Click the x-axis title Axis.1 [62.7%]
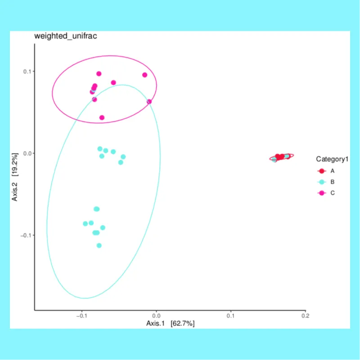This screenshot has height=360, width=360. coord(170,324)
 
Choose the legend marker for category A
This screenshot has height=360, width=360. coord(322,171)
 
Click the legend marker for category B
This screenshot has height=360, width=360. coord(322,182)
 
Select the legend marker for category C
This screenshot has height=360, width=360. coord(322,193)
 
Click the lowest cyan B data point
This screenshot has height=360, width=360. coord(99,245)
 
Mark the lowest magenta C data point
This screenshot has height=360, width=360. coord(102,118)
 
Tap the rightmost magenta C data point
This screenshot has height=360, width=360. coord(149,102)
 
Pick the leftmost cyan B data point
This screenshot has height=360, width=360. coord(85,224)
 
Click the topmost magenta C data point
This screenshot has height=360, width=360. coord(99,74)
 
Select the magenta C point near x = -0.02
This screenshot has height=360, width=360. coord(144,75)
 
